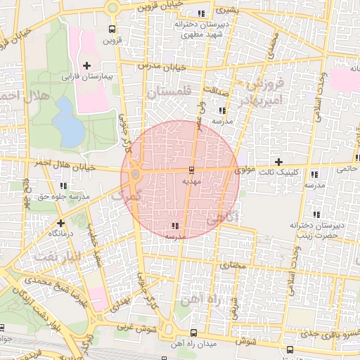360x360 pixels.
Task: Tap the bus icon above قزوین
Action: tap(112, 30)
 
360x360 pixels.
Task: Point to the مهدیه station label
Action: tap(191, 181)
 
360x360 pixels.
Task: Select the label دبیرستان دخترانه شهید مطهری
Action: tap(202, 29)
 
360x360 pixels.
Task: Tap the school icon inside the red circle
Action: tap(174, 226)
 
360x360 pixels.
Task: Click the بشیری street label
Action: tap(225, 13)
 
